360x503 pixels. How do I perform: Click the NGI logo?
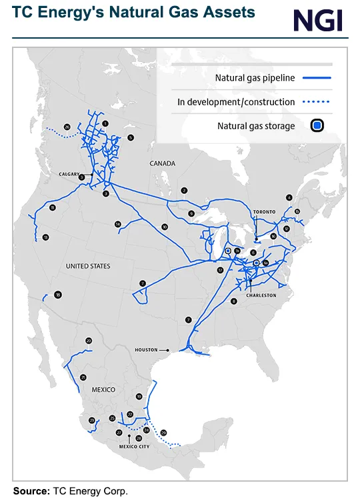click(318, 21)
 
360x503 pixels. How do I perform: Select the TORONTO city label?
click(263, 211)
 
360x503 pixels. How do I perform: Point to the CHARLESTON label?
click(261, 294)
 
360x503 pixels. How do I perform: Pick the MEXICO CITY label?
click(134, 446)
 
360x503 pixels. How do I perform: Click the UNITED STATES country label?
click(88, 266)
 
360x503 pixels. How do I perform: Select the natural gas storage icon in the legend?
click(317, 125)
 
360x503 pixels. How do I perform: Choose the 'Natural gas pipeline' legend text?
click(254, 78)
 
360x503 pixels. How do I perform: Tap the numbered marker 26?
click(67, 127)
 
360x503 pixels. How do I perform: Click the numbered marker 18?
click(58, 295)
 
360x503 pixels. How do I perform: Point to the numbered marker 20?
click(89, 341)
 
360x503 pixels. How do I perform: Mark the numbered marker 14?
click(117, 224)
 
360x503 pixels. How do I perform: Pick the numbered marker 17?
click(219, 270)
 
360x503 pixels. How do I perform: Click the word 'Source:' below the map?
click(31, 491)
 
